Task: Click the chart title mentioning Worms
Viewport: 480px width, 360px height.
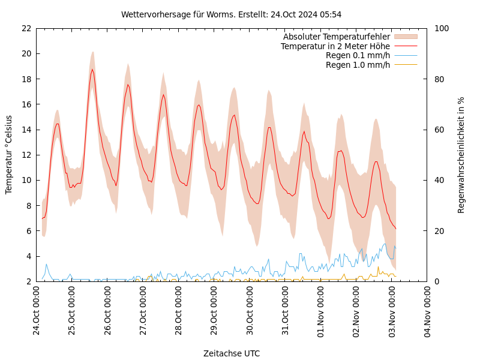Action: click(231, 14)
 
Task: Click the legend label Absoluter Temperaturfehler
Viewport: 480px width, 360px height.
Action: click(336, 37)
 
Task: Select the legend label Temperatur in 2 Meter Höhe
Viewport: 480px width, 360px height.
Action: click(335, 46)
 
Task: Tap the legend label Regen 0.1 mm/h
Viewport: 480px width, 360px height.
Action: click(358, 56)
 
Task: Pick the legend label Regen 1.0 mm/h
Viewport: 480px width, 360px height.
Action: click(358, 65)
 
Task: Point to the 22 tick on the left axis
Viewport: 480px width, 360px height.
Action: click(26, 28)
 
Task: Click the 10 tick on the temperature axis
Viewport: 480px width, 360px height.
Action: click(26, 180)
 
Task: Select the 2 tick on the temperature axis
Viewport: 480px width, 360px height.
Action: click(28, 281)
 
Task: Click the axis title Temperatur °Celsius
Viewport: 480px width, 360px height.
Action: click(9, 155)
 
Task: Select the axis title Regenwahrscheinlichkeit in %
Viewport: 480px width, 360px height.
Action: click(461, 155)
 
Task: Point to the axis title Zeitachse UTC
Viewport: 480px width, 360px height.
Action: click(232, 353)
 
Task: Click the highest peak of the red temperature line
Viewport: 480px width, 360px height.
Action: click(92, 70)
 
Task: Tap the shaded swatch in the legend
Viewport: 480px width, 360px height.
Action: click(406, 37)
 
